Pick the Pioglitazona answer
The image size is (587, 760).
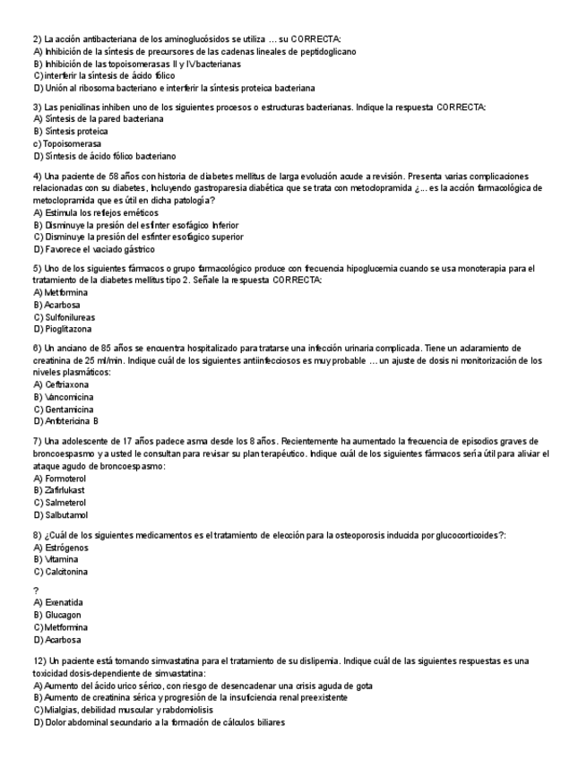[x=68, y=329]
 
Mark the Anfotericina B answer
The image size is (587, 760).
[x=71, y=420]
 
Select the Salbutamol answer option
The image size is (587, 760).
[x=65, y=515]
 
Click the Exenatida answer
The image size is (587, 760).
[x=63, y=603]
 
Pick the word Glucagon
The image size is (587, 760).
[x=63, y=615]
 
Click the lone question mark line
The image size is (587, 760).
[x=35, y=590]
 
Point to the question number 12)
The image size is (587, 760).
[x=40, y=661]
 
